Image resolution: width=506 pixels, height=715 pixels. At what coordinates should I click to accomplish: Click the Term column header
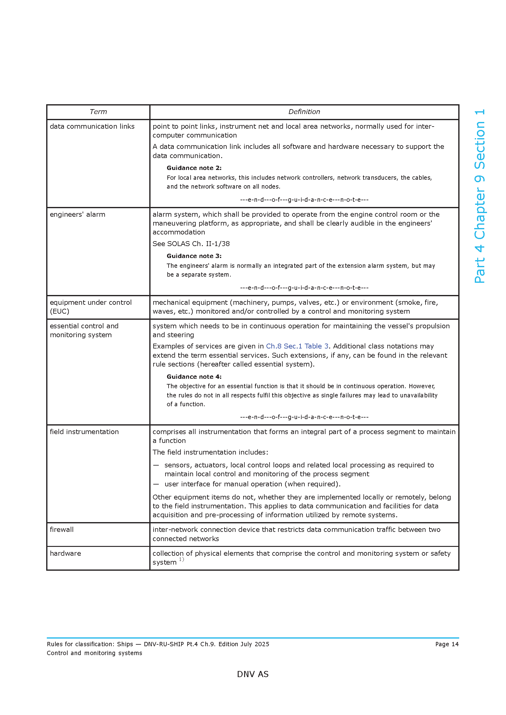point(98,112)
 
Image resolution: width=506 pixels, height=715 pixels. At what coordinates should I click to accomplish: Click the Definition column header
point(304,112)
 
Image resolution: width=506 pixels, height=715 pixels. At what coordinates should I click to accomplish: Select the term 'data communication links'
point(92,127)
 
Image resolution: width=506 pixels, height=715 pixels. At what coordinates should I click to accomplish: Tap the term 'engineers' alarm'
point(77,215)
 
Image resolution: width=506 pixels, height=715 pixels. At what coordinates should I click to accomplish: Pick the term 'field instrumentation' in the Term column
point(84,432)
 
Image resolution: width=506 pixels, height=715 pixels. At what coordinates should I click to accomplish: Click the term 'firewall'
point(62,530)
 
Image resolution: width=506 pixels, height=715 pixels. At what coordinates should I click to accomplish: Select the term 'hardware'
point(65,554)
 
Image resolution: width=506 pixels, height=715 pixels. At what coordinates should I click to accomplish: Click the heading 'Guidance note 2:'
point(194,168)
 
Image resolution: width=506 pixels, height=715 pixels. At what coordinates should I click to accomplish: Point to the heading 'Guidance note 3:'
point(194,256)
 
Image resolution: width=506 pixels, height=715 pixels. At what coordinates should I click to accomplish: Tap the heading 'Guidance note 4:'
point(194,377)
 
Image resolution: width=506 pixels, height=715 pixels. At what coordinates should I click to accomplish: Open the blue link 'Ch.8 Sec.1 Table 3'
point(297,346)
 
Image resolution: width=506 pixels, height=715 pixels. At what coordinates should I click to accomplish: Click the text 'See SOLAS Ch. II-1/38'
point(191,244)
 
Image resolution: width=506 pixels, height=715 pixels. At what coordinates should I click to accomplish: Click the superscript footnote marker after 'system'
point(181,560)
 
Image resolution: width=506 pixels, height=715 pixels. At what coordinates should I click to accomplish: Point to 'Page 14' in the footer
point(447,644)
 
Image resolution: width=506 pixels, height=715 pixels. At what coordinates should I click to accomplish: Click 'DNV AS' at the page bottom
point(253,674)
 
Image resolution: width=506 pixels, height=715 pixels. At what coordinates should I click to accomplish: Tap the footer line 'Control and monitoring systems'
point(95,653)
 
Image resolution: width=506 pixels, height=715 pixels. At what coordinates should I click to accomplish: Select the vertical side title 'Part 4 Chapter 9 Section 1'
point(479,196)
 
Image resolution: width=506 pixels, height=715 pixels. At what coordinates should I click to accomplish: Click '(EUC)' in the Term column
point(60,311)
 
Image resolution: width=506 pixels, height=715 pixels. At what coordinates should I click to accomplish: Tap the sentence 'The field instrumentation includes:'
point(210,452)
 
